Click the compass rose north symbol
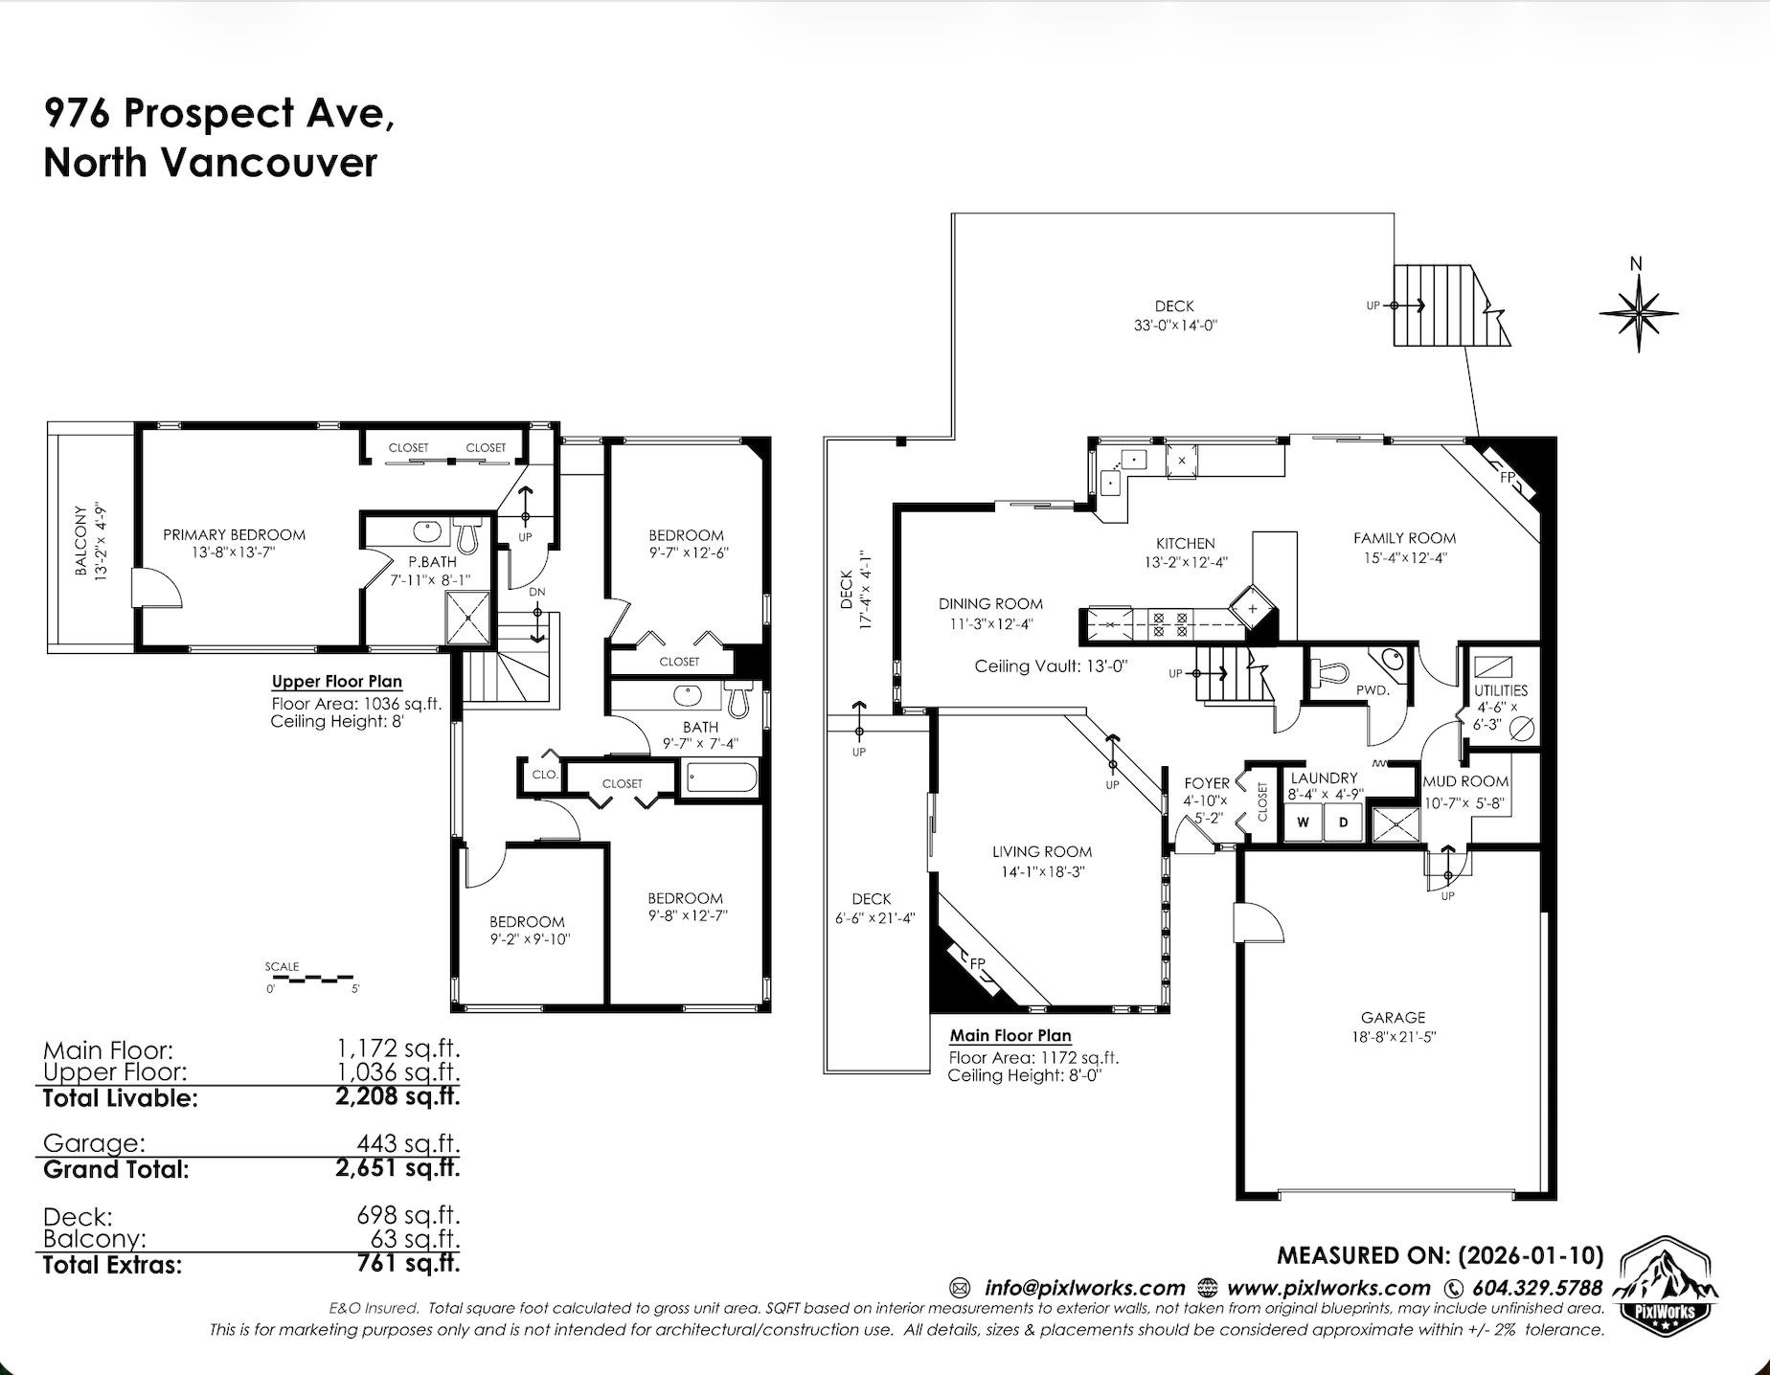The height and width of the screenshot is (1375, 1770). coord(1638,312)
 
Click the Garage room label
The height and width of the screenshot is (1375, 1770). coord(1393,1018)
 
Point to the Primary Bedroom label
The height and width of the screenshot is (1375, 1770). coord(234,535)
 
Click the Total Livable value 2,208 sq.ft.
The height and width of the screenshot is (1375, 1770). coord(397,1096)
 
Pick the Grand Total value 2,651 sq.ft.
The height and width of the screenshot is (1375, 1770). coord(397,1168)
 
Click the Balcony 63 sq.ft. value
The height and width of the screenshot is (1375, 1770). coord(416,1239)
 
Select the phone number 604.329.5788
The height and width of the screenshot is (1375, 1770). coord(1536,1288)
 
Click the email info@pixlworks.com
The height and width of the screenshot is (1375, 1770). coord(1084,1288)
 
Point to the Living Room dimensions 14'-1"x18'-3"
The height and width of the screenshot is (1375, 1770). coord(1041,872)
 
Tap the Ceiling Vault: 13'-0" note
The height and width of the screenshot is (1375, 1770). coord(1051,666)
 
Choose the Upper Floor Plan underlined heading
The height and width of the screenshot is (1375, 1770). coord(336,682)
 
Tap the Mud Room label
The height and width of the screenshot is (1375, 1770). coord(1465,781)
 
